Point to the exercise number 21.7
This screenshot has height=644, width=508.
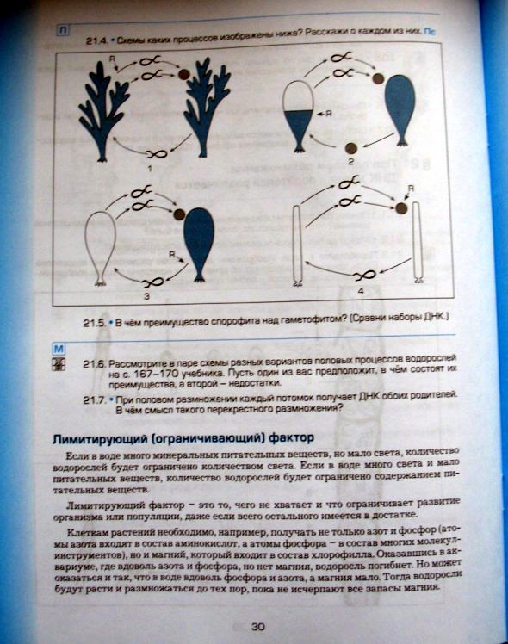click(95, 399)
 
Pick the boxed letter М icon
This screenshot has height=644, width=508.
click(59, 348)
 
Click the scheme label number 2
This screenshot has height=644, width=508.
click(350, 160)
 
